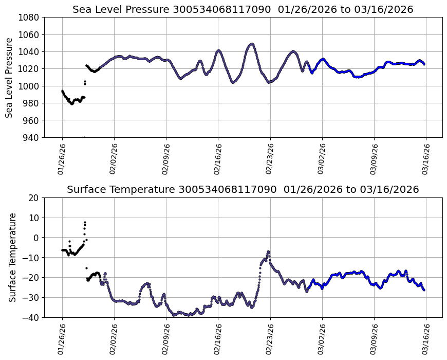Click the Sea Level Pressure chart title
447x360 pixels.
click(243, 10)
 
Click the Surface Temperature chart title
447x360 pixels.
click(243, 190)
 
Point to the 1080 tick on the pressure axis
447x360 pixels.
click(30, 17)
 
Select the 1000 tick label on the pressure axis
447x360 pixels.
click(30, 86)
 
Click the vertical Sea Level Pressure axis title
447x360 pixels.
click(9, 77)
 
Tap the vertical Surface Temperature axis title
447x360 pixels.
click(12, 257)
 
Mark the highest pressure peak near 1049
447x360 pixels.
click(251, 44)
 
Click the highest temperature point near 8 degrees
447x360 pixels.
click(85, 222)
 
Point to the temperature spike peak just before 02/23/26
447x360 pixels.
click(268, 251)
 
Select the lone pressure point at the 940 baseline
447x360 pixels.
click(84, 137)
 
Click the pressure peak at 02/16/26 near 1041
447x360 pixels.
click(218, 50)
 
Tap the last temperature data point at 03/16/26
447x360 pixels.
click(424, 290)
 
